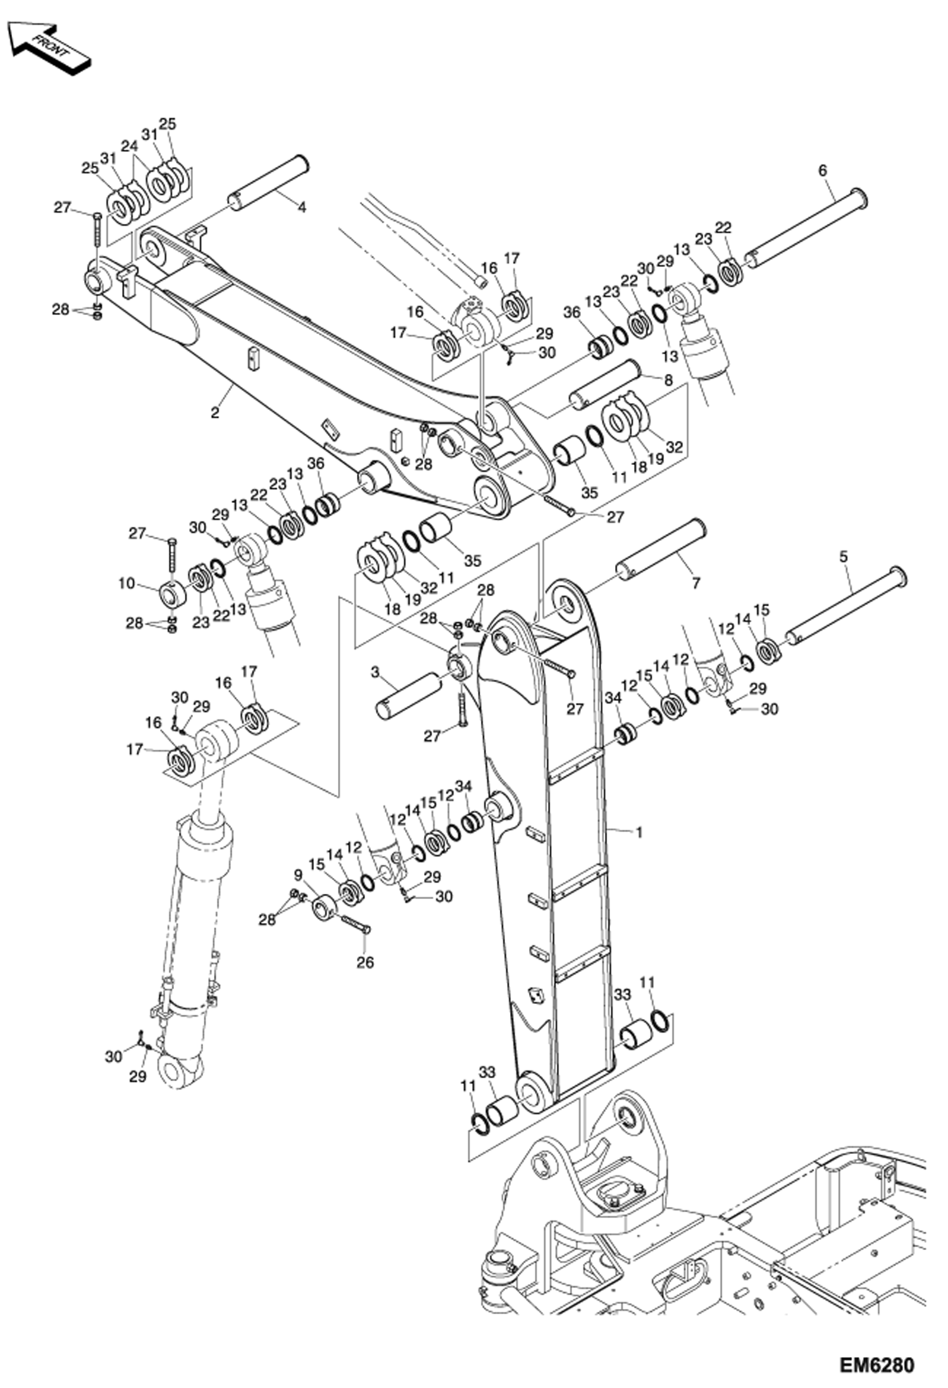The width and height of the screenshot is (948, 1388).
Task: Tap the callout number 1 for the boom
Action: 639,833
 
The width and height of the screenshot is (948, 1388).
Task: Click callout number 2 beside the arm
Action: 215,413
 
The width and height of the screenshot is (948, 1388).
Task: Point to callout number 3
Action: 375,672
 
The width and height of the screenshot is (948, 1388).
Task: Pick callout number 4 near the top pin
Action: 302,208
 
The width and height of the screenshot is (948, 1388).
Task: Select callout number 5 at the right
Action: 843,557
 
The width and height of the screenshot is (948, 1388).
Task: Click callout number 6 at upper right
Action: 822,170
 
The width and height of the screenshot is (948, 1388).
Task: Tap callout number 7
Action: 696,583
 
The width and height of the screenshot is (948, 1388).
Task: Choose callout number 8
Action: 668,380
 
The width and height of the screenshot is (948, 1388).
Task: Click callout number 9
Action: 299,876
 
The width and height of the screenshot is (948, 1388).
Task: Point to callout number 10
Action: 127,583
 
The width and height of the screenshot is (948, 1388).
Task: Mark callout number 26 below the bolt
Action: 365,962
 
